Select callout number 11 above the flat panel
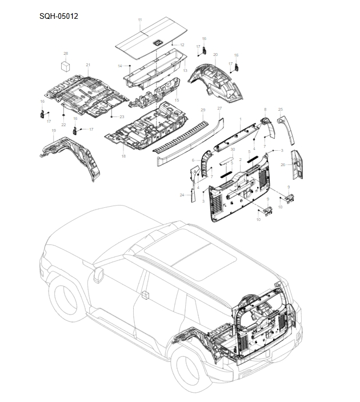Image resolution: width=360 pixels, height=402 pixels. [139, 21]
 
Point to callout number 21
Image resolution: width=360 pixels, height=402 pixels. [88, 65]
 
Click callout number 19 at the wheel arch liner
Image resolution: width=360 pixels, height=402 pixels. [53, 131]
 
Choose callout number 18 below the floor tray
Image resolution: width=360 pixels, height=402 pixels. [123, 155]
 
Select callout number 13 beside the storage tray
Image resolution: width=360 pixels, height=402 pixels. [185, 70]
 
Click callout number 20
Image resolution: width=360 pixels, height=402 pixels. [215, 55]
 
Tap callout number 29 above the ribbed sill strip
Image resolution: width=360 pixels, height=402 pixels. [202, 110]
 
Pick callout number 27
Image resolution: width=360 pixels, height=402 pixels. [219, 108]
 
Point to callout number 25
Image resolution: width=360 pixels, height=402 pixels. [281, 109]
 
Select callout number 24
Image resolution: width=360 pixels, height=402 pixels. [182, 195]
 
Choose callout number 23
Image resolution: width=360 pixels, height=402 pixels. [121, 116]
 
